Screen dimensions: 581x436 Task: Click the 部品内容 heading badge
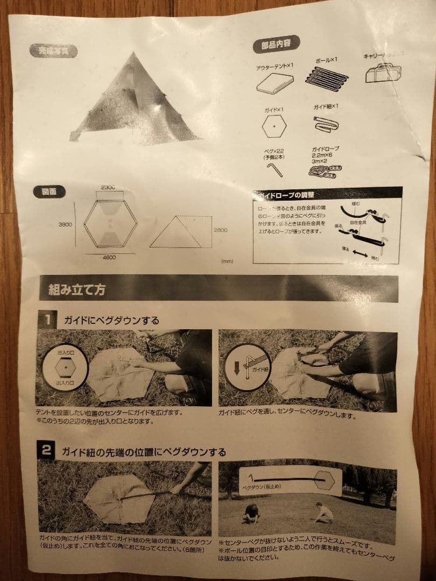tap(276, 45)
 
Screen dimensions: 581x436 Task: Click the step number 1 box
tap(46, 320)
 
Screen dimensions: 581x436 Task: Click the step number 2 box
tap(46, 451)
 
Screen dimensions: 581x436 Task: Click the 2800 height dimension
tap(221, 230)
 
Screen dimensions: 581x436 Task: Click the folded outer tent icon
tap(275, 83)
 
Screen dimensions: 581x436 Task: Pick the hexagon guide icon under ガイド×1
tap(274, 126)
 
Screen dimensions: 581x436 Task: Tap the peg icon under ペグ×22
tap(274, 171)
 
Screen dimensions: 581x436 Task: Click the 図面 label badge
tap(50, 191)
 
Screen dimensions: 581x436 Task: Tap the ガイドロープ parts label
tap(325, 148)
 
